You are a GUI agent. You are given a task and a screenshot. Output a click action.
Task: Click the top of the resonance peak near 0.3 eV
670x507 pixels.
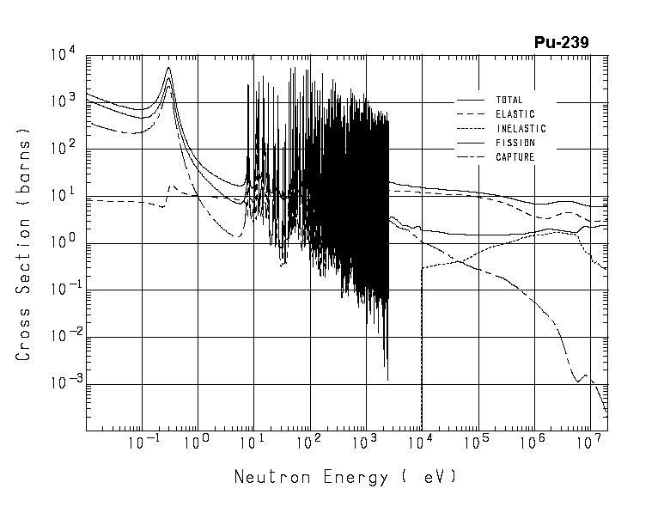tap(168, 68)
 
